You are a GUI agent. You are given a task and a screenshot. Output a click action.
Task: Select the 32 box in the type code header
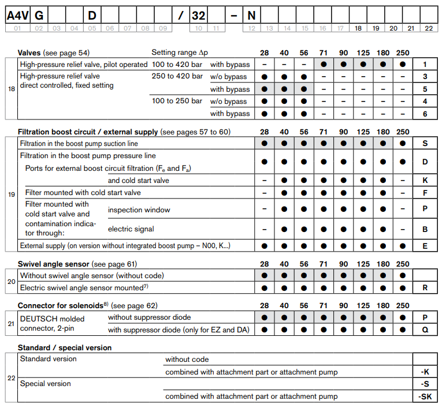pos(199,13)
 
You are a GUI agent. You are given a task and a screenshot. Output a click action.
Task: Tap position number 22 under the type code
pos(428,28)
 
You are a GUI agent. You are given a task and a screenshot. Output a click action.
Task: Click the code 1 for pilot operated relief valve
pos(425,65)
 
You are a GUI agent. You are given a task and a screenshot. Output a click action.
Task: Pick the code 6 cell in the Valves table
pos(425,114)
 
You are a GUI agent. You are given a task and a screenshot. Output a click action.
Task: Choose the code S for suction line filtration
pos(425,143)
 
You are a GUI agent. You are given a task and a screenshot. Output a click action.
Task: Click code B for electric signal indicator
pos(425,229)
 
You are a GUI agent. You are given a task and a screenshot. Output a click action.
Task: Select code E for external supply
pos(425,245)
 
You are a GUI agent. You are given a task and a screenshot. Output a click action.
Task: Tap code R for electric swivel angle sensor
pos(425,287)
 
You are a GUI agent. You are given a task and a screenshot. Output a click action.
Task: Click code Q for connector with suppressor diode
pos(425,330)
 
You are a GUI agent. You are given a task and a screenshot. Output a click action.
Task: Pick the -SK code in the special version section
pos(425,396)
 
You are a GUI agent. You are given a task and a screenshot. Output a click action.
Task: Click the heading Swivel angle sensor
pos(54,264)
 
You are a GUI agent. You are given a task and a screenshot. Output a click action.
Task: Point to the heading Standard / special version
pos(65,347)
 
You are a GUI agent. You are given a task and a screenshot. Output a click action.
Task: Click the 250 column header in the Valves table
pos(403,53)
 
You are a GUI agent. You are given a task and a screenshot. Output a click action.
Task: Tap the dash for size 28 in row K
pos(264,180)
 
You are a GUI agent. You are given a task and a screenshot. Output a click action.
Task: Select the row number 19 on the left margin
pos(12,194)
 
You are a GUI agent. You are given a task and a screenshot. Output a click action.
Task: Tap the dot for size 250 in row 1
pos(403,65)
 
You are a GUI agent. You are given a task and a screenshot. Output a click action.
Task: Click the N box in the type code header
pos(251,13)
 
